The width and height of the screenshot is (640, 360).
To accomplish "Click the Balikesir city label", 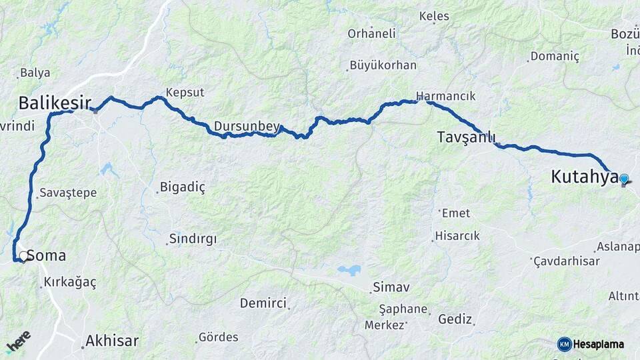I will (55, 103).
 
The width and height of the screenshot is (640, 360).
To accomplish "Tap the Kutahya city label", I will (584, 177).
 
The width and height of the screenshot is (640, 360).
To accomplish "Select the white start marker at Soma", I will (23, 256).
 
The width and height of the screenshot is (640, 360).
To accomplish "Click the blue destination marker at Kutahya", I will (624, 179).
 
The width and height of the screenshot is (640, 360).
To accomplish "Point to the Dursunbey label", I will (247, 126).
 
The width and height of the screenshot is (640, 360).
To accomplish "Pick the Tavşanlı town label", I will (467, 137).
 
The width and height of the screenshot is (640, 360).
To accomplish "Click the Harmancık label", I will (446, 96).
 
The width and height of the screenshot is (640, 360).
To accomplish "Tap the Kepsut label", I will (185, 93).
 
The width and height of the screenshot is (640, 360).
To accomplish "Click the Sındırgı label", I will (193, 239).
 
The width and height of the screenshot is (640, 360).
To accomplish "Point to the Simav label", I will (391, 287).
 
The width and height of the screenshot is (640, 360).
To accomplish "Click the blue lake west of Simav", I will (349, 270).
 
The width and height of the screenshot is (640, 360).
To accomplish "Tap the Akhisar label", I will (112, 341).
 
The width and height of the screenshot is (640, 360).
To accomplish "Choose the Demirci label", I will (263, 303).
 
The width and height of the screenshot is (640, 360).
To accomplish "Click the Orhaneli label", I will (371, 33).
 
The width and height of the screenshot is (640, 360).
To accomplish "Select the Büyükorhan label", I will (383, 65).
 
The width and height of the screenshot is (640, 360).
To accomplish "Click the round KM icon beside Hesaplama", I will (564, 344).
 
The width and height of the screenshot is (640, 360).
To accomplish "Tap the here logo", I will (18, 341).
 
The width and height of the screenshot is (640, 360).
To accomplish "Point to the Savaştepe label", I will (68, 193).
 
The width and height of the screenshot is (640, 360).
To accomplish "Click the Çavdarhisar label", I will (567, 261).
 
